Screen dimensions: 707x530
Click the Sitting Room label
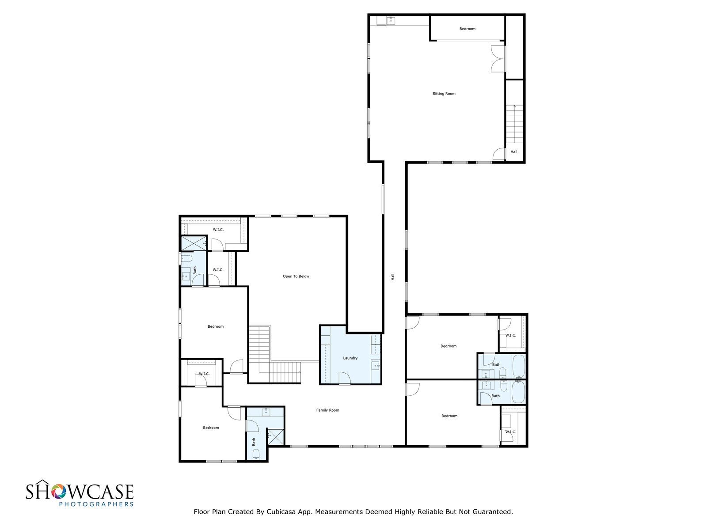pyautogui.click(x=444, y=94)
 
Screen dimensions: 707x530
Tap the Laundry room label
pyautogui.click(x=350, y=358)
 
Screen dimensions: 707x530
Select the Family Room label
pyautogui.click(x=327, y=410)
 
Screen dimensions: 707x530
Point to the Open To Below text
pyautogui.click(x=296, y=276)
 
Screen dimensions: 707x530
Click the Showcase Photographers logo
pyautogui.click(x=80, y=495)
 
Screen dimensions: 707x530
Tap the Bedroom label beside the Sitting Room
pyautogui.click(x=467, y=29)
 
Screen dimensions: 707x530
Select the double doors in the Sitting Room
pyautogui.click(x=498, y=59)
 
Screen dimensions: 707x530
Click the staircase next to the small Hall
pyautogui.click(x=514, y=124)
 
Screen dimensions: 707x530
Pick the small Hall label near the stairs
pyautogui.click(x=514, y=151)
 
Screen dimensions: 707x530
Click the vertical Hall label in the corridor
pyautogui.click(x=392, y=277)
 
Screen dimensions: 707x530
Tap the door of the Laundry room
pyautogui.click(x=345, y=378)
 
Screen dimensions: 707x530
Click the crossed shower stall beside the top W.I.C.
pyautogui.click(x=194, y=243)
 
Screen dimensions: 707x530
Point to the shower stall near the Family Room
pyautogui.click(x=276, y=437)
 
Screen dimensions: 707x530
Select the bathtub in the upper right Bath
pyautogui.click(x=518, y=367)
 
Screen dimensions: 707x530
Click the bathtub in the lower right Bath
pyautogui.click(x=518, y=392)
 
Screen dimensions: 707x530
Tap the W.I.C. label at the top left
pyautogui.click(x=218, y=229)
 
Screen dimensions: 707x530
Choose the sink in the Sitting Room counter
pyautogui.click(x=391, y=21)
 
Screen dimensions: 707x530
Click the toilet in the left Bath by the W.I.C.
pyautogui.click(x=186, y=258)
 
